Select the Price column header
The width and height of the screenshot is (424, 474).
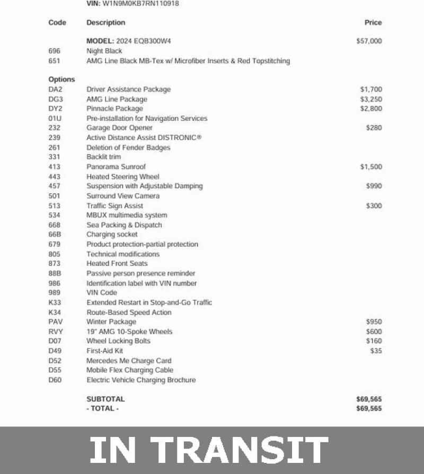coord(373,23)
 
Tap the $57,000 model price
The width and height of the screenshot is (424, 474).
coord(369,41)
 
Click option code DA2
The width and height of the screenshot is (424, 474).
coord(55,90)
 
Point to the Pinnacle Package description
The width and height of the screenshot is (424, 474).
coord(114,109)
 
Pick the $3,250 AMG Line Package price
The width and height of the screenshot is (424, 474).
coord(371,99)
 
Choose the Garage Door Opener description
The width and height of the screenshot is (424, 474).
coord(119,128)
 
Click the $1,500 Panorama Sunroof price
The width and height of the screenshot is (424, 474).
coord(371,167)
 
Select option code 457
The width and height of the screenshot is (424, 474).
coord(54,186)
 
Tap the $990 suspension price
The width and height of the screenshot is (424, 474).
coord(374,186)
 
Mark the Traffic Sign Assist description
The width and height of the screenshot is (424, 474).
coord(114,205)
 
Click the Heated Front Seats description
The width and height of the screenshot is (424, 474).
coord(117,263)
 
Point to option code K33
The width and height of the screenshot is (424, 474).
coord(55,302)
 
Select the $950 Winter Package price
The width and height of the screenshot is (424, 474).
coord(374,321)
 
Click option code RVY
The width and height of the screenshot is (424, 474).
coord(55,332)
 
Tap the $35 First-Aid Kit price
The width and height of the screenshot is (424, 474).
coord(376,351)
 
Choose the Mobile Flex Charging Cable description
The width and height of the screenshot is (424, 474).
coord(130,370)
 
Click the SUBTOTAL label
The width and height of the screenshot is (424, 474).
coord(105,399)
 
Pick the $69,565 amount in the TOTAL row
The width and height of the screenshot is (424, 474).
coord(369,408)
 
